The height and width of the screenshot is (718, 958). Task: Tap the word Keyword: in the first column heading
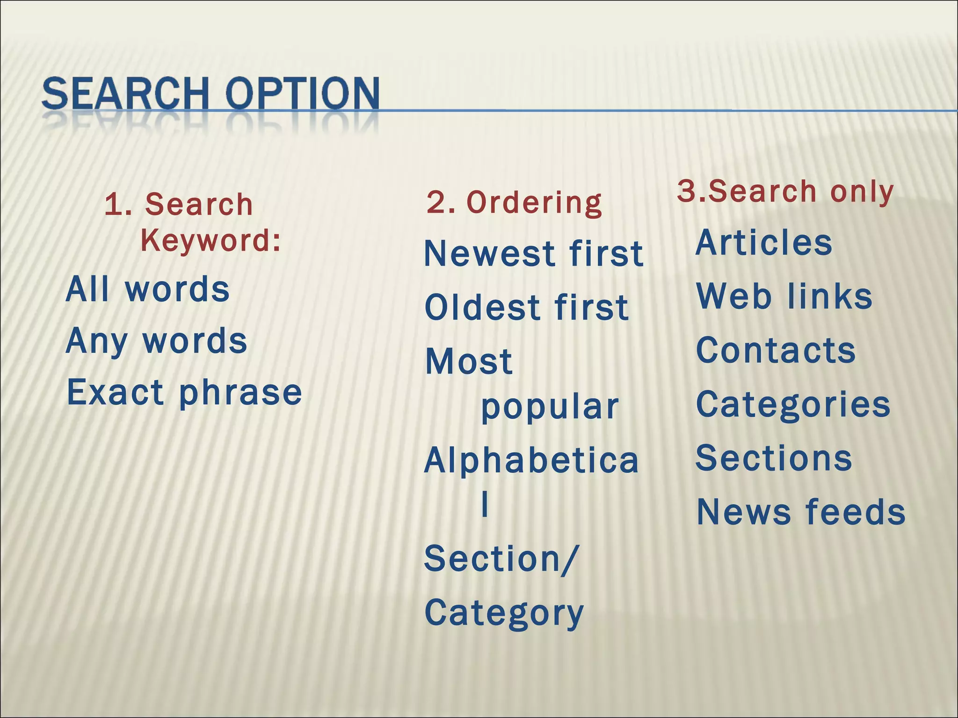[210, 241]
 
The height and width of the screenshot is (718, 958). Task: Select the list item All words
[148, 289]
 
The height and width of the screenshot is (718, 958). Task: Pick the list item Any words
[156, 341]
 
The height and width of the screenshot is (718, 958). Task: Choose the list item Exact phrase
[184, 392]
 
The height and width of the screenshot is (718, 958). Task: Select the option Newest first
[534, 254]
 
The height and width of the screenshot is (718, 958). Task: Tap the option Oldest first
[526, 308]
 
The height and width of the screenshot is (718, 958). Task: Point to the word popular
[550, 407]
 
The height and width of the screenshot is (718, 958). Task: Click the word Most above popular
[469, 362]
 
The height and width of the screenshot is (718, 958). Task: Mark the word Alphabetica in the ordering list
[531, 460]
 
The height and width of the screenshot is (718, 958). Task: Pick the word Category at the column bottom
[504, 613]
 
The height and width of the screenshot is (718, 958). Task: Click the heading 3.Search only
[785, 192]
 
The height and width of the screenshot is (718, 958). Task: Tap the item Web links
[784, 296]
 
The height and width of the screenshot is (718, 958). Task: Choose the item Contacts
[776, 351]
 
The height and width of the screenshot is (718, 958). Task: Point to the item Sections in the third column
[774, 458]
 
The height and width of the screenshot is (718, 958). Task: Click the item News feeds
[801, 512]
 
